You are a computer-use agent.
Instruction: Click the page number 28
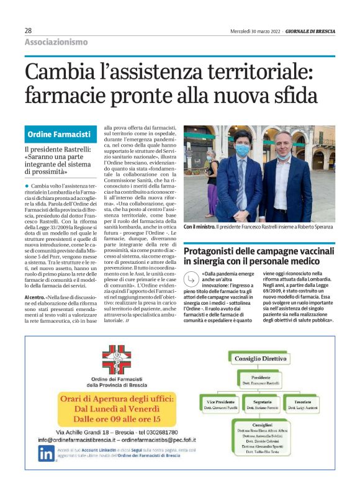coord(29,30)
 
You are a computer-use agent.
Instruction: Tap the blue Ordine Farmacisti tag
coord(59,134)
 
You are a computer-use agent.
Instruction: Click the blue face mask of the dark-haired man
coord(242,151)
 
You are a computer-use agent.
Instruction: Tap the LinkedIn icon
coord(45,453)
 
